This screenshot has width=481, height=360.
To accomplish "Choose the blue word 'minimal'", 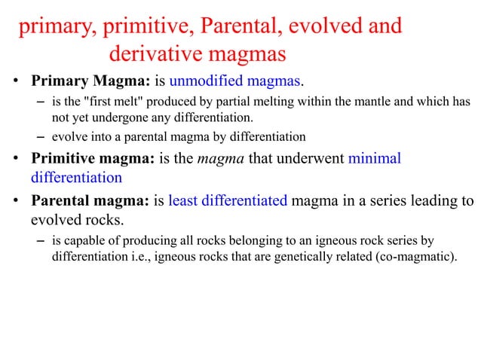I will point(375,159).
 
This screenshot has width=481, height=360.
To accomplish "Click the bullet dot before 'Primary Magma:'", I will point(15,81).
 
